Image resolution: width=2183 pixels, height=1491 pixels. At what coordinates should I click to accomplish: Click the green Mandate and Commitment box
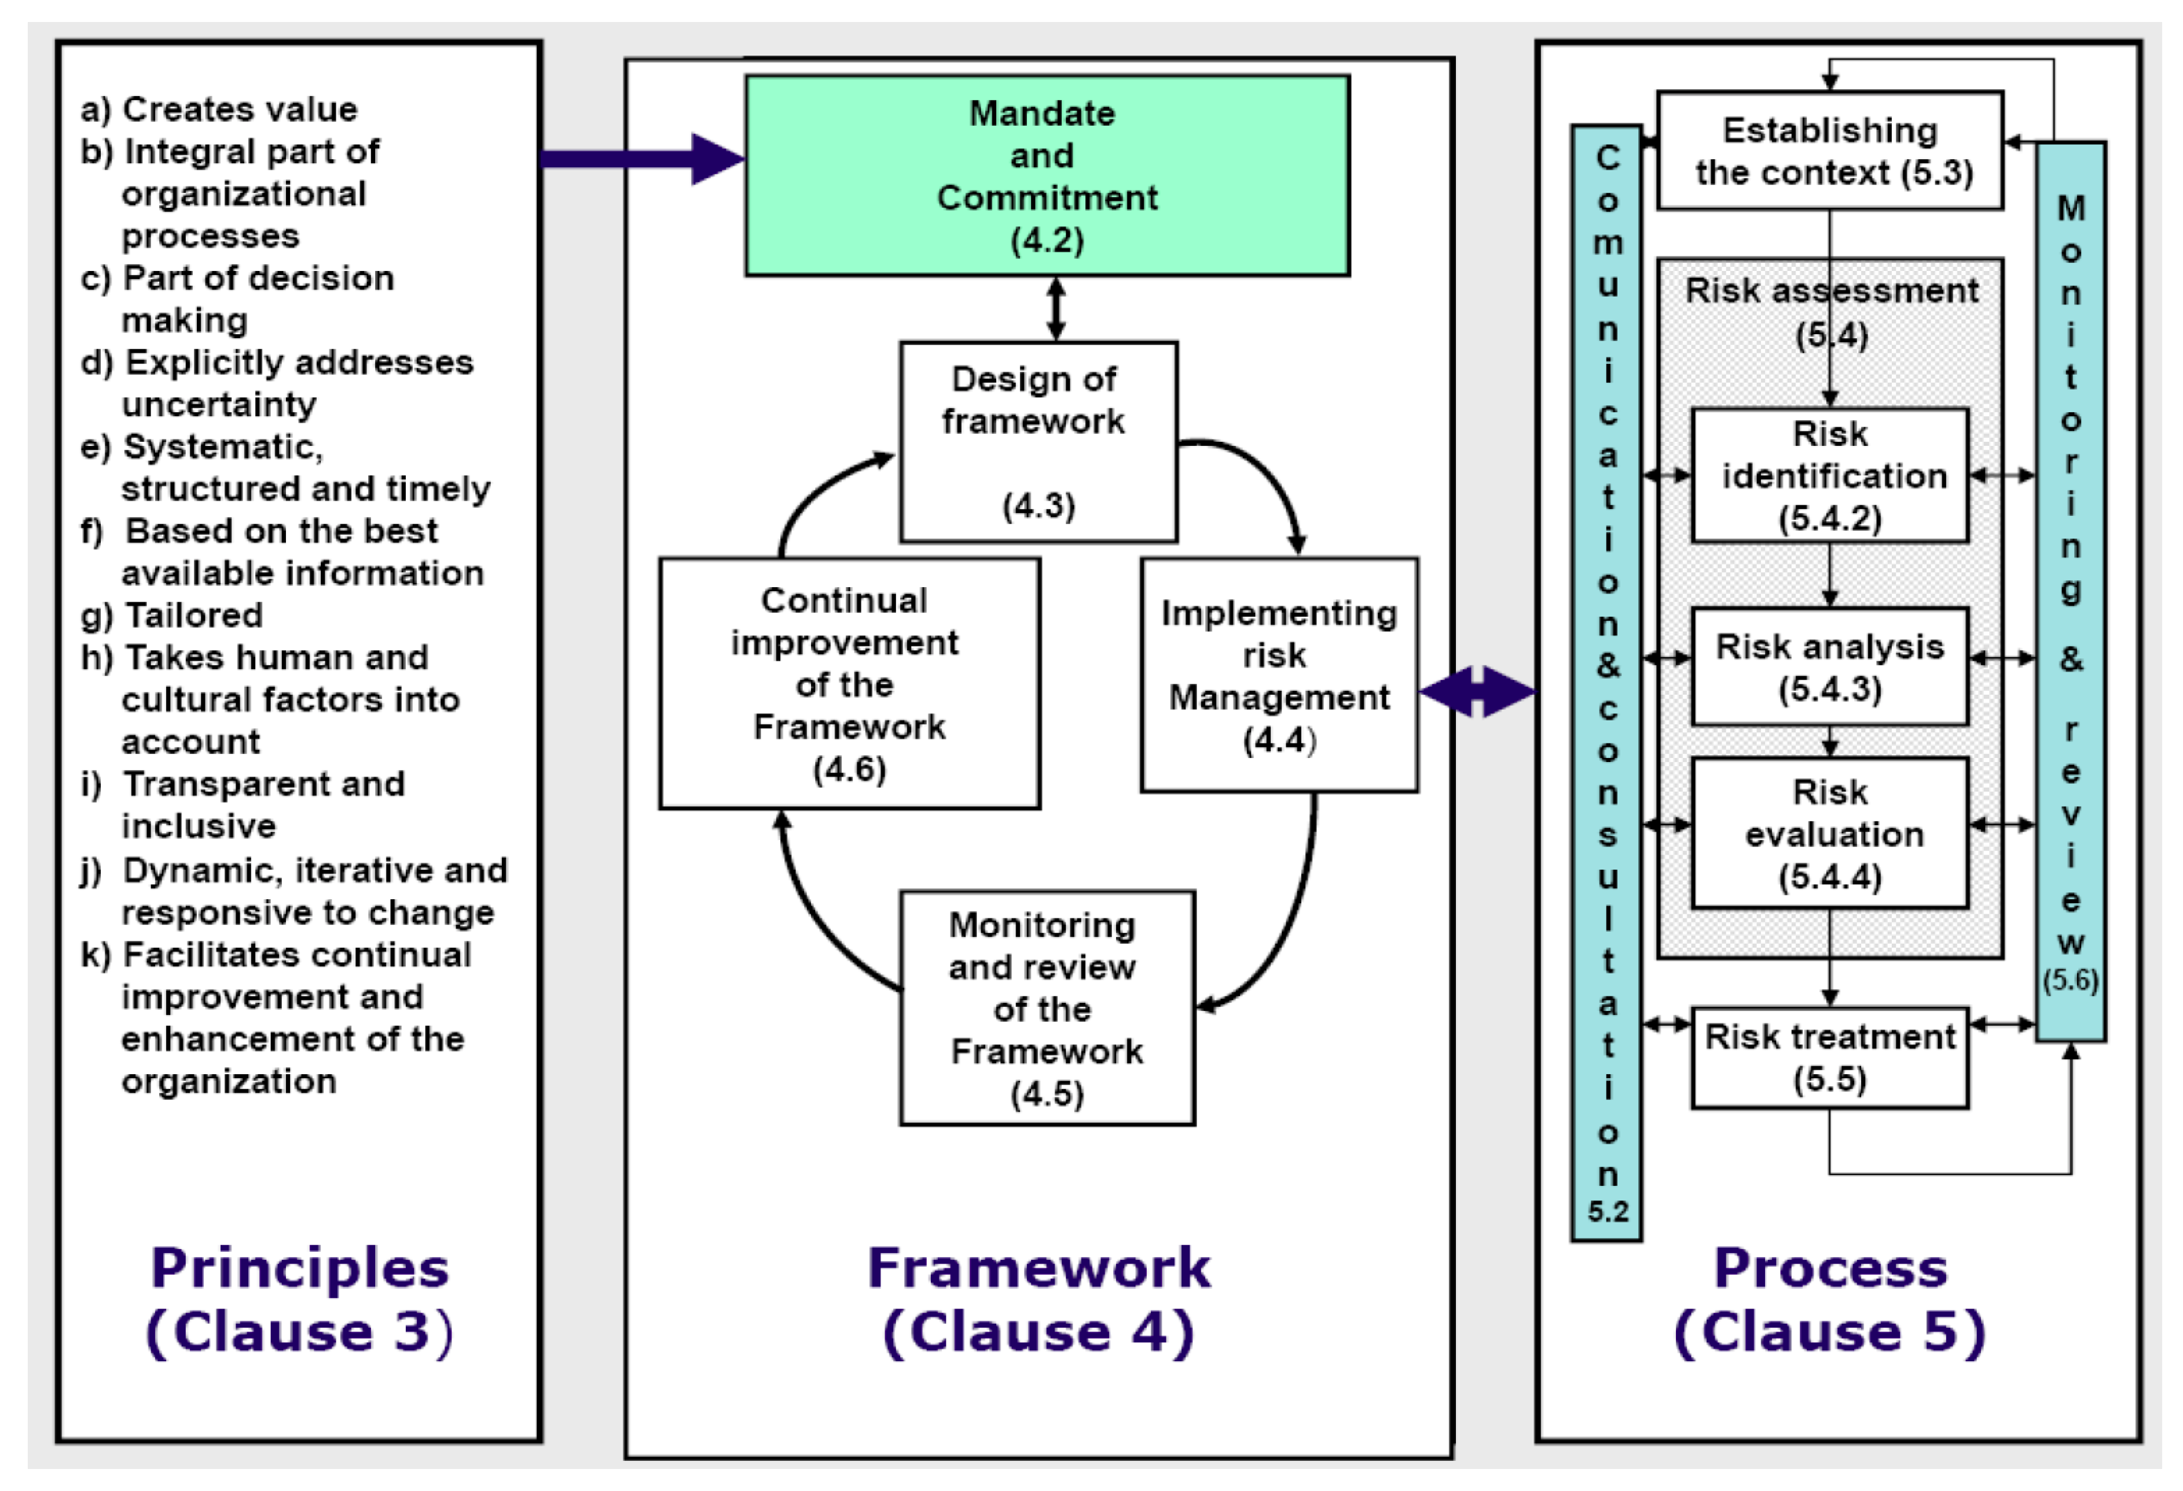tap(1047, 175)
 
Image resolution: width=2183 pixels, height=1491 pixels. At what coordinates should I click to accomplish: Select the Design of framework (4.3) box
tap(1038, 442)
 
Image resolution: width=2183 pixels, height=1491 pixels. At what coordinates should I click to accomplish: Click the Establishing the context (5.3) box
tap(1830, 151)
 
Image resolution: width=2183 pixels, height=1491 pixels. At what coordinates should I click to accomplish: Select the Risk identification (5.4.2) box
tap(1830, 475)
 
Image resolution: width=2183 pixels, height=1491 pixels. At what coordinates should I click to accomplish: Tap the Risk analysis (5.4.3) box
tap(1830, 667)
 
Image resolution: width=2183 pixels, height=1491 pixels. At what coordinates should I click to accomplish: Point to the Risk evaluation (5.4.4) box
tap(1830, 833)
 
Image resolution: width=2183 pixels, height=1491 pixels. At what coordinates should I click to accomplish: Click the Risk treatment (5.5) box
tap(1830, 1057)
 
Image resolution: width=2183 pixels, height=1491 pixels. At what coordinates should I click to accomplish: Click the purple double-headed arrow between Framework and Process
tap(1477, 693)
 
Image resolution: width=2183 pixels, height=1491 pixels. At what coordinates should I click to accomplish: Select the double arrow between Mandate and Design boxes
tap(1056, 308)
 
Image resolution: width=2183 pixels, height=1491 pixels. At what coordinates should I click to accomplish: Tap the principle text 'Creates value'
tap(240, 109)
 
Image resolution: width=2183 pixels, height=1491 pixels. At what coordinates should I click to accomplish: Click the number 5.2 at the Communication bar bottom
tap(1607, 1211)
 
